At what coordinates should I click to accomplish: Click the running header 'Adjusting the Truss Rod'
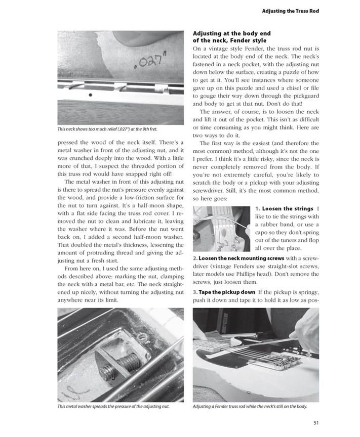290,11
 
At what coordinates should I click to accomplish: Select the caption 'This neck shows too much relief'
107,129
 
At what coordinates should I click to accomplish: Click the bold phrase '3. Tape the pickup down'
225,293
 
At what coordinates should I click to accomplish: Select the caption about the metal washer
113,406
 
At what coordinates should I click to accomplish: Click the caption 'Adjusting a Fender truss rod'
250,406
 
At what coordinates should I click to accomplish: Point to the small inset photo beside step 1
222,228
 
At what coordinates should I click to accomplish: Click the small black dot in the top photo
90,95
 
